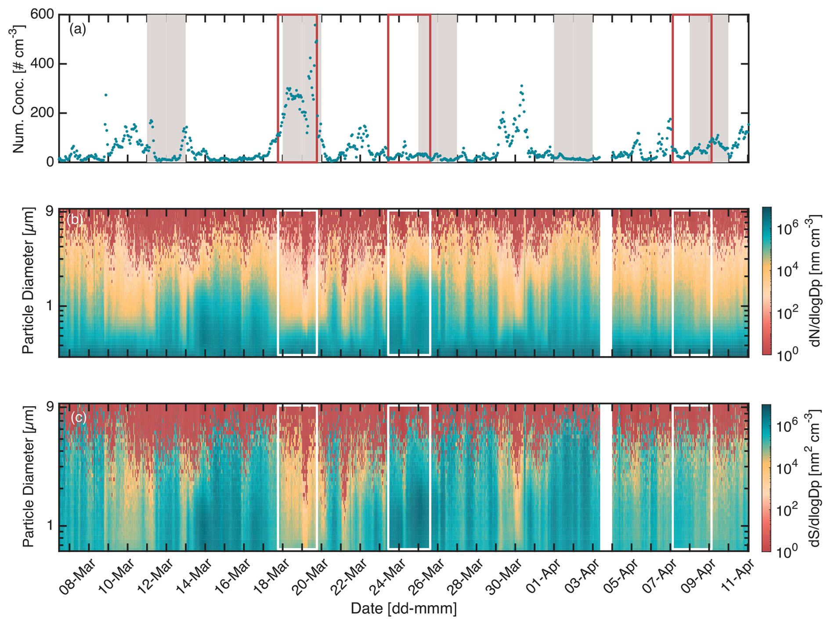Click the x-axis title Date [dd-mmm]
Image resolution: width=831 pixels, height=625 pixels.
[403, 609]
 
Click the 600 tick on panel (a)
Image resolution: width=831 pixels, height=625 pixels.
[42, 15]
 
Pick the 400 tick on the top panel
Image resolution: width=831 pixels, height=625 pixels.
[42, 64]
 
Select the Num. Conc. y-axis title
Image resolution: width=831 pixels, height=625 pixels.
[18, 88]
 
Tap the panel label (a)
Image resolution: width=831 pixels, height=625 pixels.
[78, 29]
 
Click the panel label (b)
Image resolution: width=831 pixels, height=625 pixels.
[74, 219]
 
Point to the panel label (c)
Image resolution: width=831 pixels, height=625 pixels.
[79, 417]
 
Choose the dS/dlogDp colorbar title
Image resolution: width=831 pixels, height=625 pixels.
[816, 478]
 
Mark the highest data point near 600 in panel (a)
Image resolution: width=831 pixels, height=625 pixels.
[315, 25]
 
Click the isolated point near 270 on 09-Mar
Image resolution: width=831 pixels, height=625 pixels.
[105, 95]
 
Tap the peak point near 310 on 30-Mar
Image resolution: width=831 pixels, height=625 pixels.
[521, 86]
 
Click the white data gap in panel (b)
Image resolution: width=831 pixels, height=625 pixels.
[606, 281]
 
